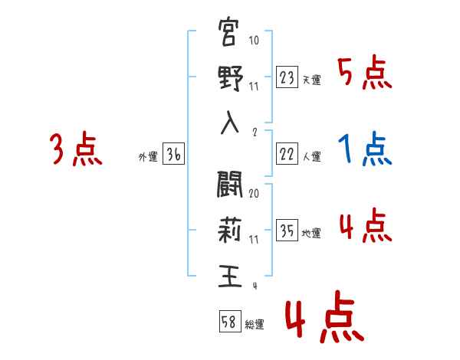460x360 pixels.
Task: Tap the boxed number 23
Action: click(287, 77)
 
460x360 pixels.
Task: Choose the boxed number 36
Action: click(173, 155)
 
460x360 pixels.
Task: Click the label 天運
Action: click(311, 80)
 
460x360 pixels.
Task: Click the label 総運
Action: click(255, 324)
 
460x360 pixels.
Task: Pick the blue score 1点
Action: click(365, 149)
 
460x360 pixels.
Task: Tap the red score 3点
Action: click(75, 149)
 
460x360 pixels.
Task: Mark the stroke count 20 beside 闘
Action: click(254, 194)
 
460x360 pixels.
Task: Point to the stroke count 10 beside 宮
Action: click(254, 41)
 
